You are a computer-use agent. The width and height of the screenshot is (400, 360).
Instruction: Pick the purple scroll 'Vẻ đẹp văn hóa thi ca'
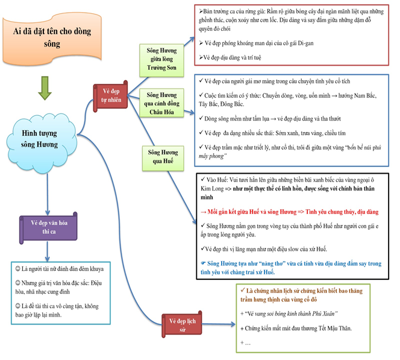click(x=48, y=227)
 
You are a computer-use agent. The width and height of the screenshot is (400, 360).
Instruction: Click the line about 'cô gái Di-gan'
click(x=259, y=43)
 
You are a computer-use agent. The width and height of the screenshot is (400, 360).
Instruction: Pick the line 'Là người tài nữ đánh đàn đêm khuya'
click(x=63, y=271)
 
